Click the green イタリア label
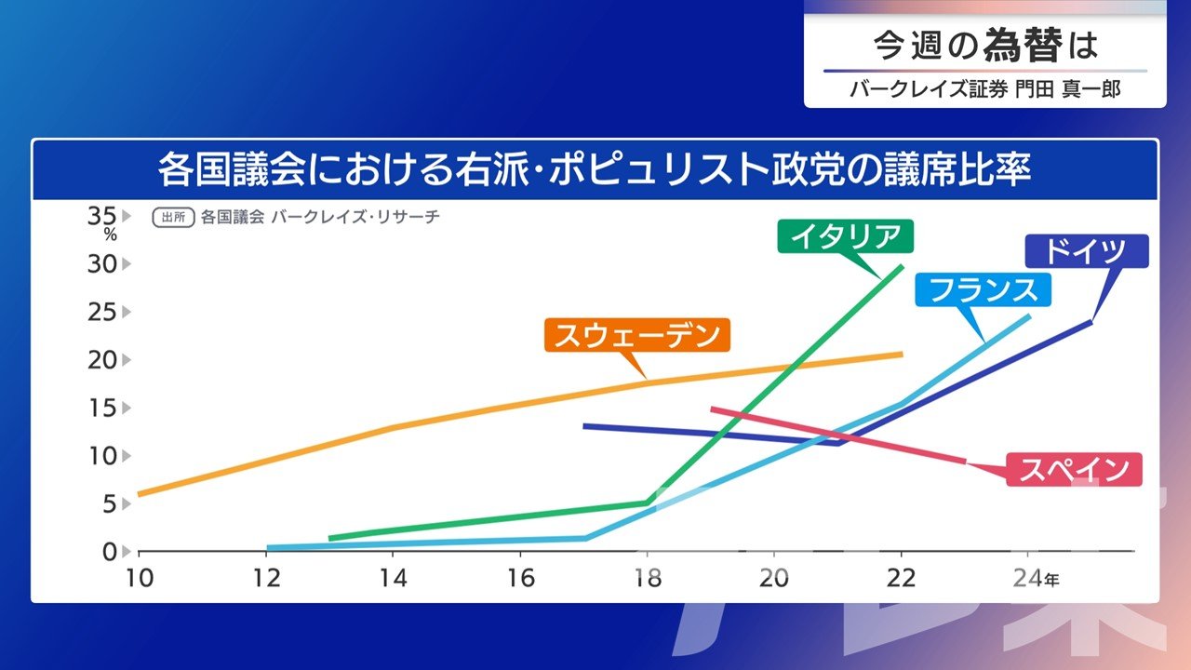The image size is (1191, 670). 845,236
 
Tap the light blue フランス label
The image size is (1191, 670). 984,289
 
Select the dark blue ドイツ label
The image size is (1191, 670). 1086,251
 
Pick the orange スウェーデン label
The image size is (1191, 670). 637,336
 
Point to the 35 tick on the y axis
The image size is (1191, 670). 101,216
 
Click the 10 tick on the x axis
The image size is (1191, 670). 139,578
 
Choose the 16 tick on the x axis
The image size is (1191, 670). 521,578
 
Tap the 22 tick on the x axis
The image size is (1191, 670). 902,578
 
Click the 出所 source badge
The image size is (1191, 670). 173,218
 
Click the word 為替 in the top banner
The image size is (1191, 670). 1022,45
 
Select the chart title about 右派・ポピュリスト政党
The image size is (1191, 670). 595,171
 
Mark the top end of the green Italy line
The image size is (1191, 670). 902,266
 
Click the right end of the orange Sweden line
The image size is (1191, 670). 902,354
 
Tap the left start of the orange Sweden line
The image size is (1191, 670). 139,494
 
